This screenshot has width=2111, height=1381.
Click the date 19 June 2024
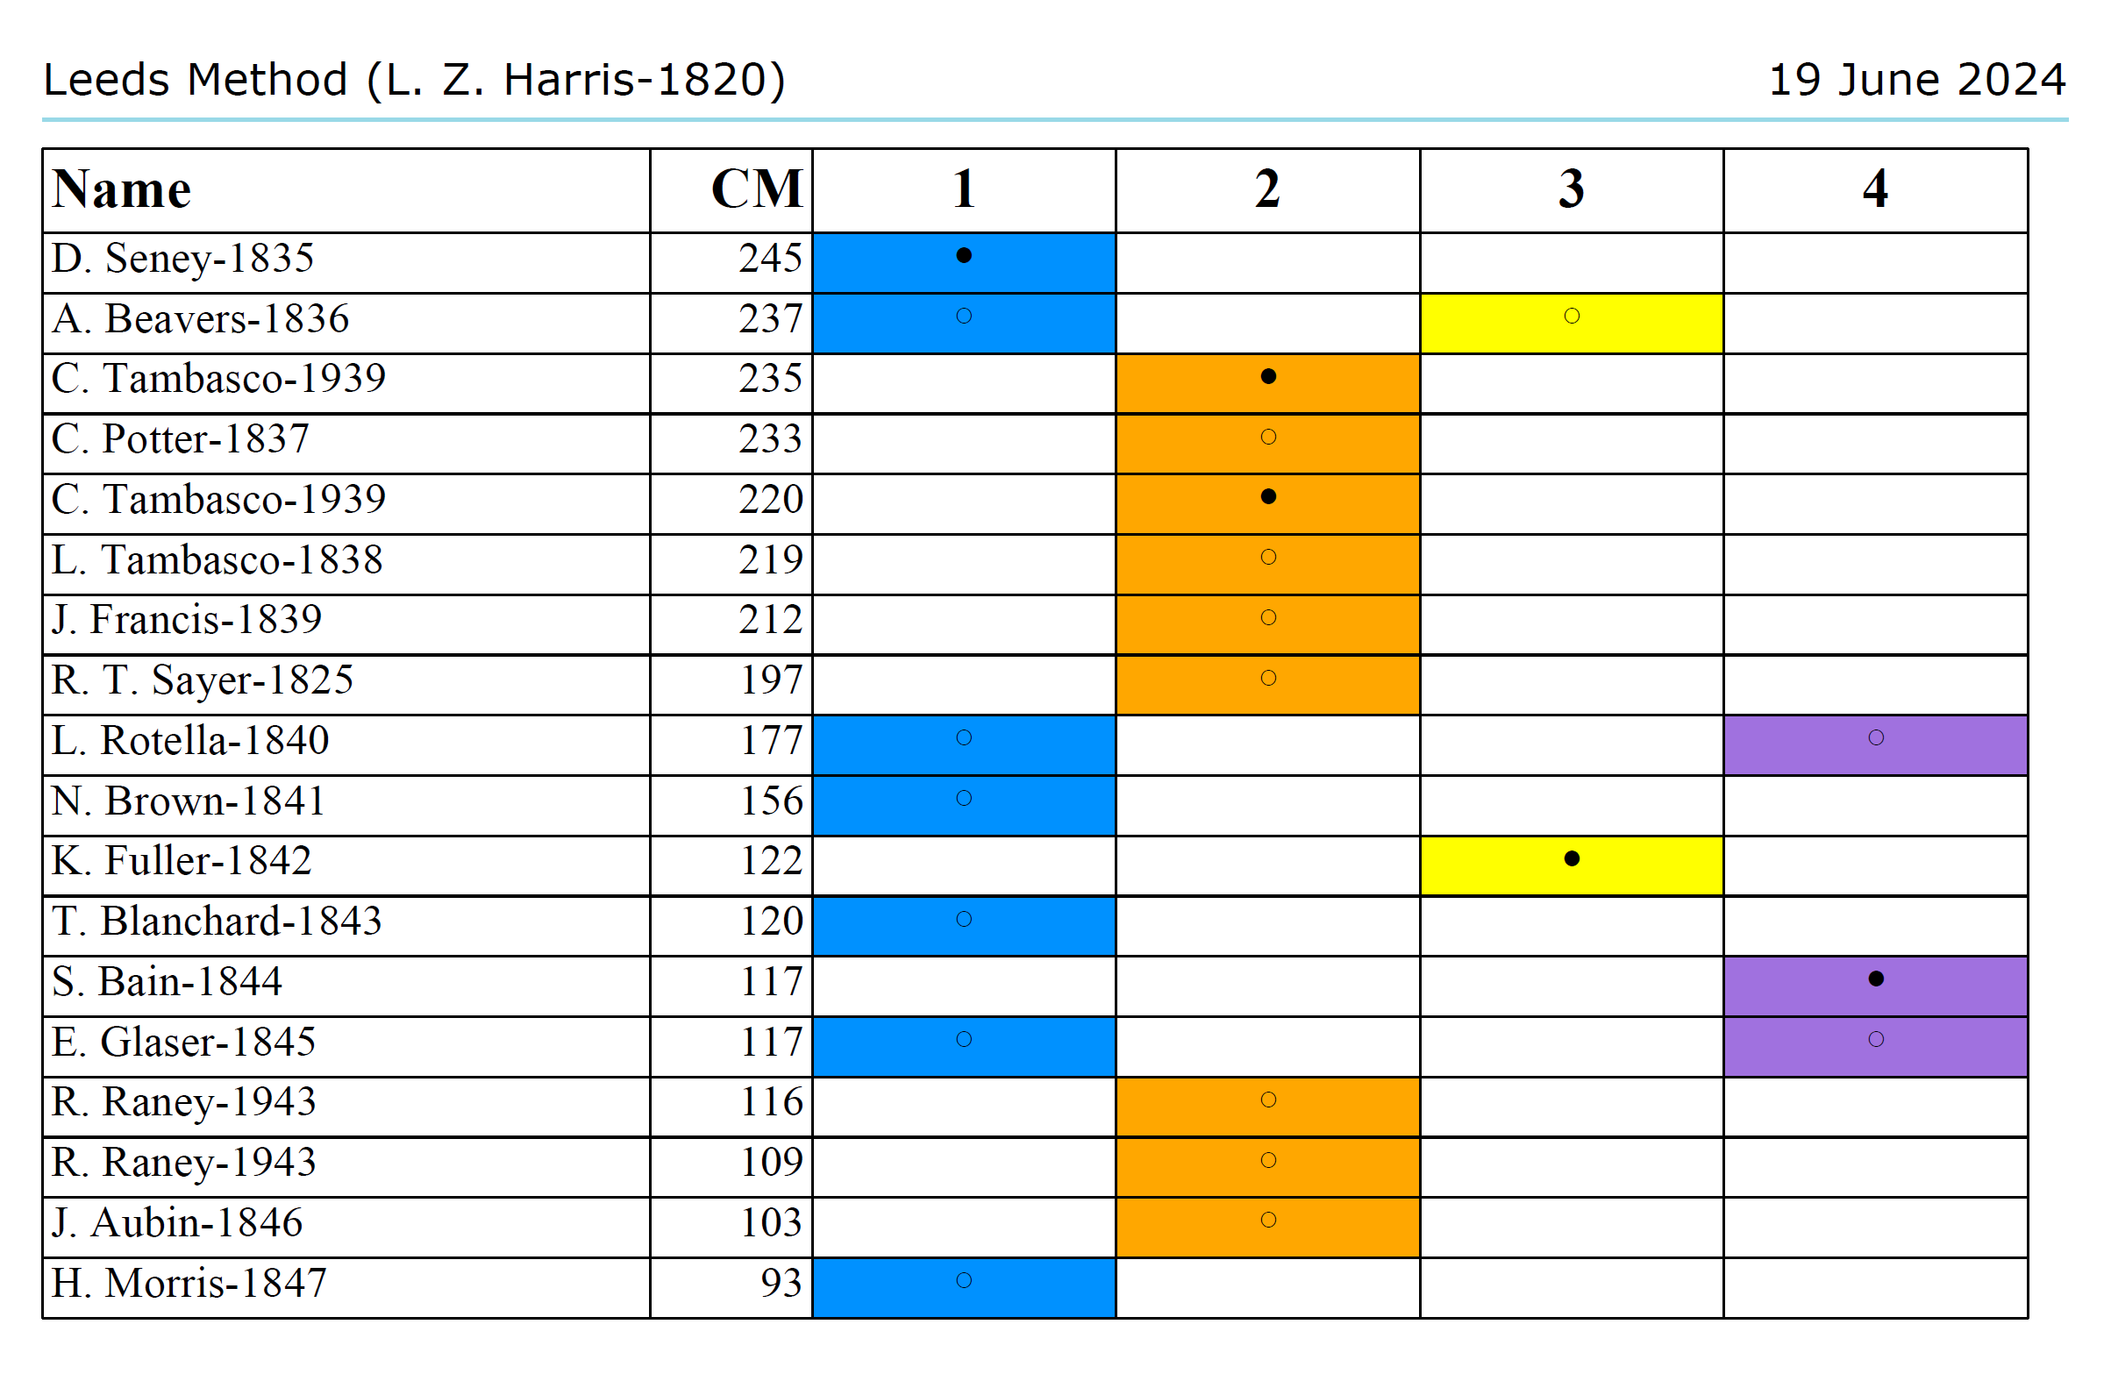point(1916,80)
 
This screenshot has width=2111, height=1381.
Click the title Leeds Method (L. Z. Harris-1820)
point(414,80)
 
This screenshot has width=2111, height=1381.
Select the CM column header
point(756,189)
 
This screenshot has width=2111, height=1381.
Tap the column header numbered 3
point(1571,189)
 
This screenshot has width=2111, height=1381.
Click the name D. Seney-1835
point(182,259)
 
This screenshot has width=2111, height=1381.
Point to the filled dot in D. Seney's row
point(964,256)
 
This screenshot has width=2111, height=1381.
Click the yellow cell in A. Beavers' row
point(1571,323)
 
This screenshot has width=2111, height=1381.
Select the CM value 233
point(770,439)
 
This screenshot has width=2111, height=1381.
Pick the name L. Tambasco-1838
point(218,559)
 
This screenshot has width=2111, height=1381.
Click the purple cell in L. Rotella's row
point(1875,745)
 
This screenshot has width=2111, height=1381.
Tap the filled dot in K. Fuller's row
point(1572,858)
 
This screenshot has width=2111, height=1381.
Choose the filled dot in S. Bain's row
point(1876,979)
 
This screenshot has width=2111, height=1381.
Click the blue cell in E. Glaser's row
point(964,1047)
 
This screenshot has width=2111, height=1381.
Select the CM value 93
point(781,1284)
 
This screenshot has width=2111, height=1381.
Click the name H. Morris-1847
point(189,1284)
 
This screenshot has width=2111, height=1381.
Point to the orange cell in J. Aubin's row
point(1267,1228)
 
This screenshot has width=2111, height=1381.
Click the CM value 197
point(771,680)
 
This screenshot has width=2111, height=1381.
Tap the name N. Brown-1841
point(188,801)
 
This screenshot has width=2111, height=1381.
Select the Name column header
point(122,189)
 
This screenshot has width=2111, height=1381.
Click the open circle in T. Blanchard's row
point(964,920)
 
